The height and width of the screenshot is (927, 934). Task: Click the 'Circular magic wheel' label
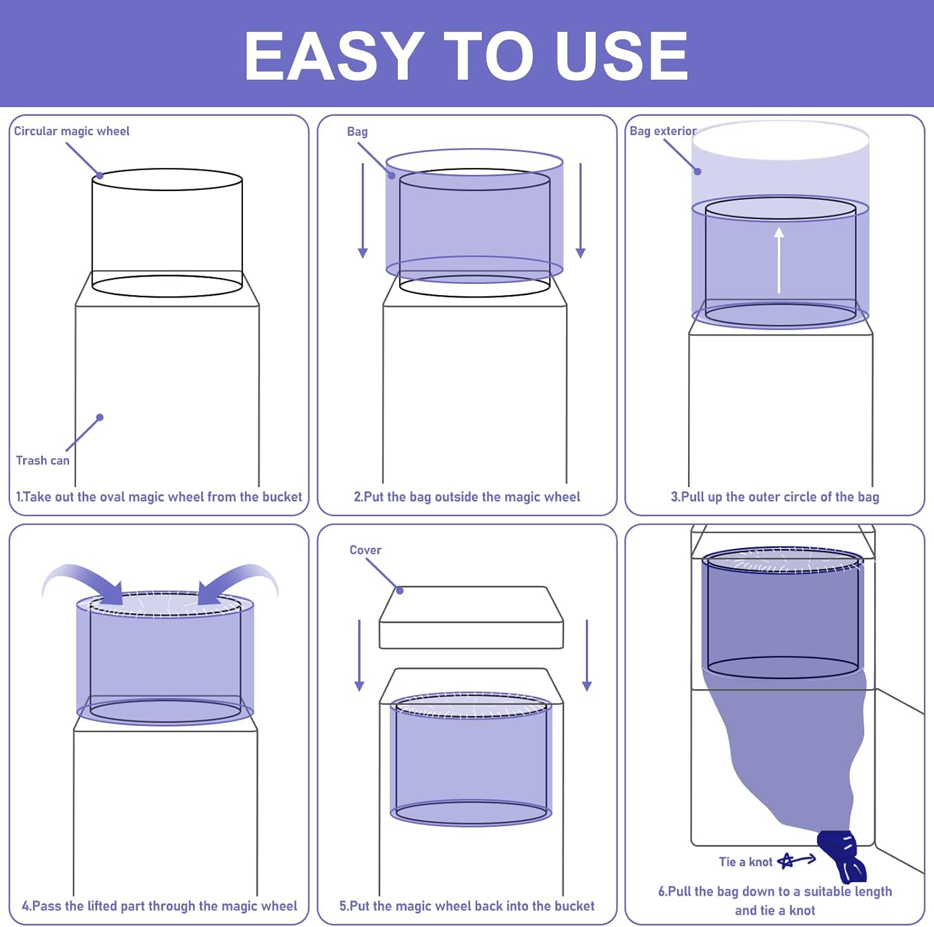point(72,131)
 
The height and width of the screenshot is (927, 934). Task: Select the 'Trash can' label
point(42,460)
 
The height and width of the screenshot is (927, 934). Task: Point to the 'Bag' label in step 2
point(357,131)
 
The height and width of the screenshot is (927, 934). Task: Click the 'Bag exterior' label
point(663,131)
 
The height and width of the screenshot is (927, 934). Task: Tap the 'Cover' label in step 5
point(365,550)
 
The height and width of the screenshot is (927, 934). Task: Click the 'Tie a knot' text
point(745,862)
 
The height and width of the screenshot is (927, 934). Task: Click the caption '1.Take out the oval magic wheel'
point(159,497)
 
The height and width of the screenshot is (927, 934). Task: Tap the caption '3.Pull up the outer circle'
point(775,497)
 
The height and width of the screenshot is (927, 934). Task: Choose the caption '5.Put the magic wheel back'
point(466,906)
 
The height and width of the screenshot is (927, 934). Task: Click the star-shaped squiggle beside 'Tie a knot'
point(787,861)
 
